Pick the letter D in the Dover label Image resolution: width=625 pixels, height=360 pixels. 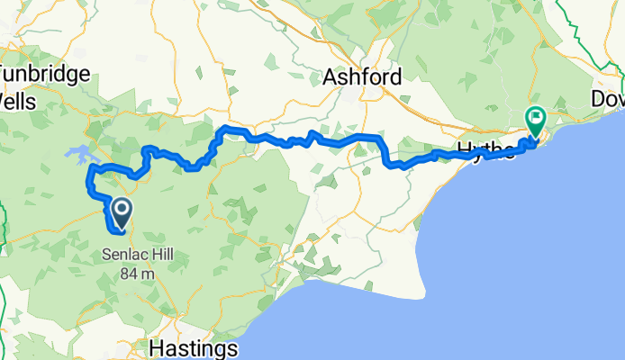click(x=598, y=97)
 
